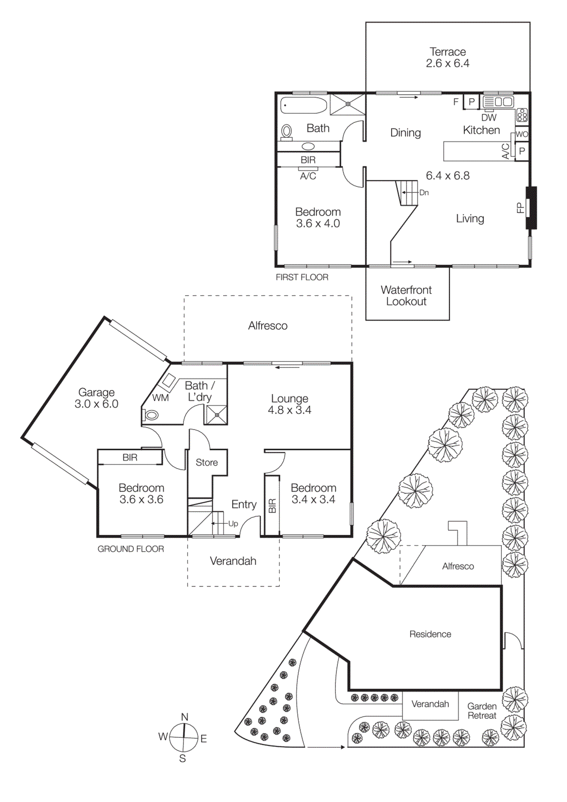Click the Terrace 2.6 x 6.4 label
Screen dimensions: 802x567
447,58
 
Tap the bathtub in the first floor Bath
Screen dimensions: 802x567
303,106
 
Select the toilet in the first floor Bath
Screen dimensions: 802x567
287,131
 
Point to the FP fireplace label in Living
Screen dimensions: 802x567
520,208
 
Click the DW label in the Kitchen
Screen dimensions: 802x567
489,118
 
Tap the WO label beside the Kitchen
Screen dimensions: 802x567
522,134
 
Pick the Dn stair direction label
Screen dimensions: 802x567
424,192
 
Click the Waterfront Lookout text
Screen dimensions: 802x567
406,296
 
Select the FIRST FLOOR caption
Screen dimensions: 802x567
302,277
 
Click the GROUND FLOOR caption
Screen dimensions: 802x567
130,549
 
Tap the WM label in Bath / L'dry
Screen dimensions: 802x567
160,398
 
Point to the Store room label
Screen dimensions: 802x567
207,463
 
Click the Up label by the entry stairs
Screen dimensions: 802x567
233,524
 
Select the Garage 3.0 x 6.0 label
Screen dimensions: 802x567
96,398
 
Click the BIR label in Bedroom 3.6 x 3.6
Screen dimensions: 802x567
130,458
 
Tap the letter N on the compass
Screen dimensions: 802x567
184,717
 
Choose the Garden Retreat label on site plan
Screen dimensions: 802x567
482,711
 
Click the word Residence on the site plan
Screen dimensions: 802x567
430,634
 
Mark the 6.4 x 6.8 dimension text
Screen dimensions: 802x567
448,176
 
